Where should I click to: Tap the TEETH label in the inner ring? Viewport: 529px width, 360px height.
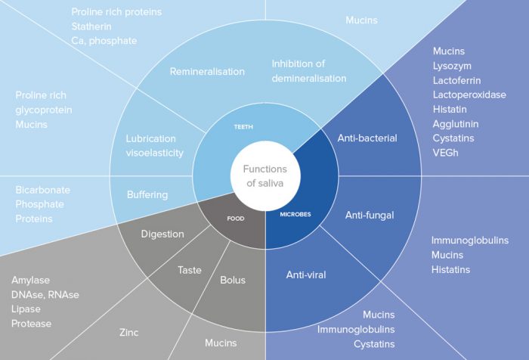243,127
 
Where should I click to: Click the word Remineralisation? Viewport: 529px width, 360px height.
207,72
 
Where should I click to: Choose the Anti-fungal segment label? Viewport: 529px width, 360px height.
370,216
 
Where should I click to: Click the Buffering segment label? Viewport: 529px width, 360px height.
147,194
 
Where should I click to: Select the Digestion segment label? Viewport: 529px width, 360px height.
162,234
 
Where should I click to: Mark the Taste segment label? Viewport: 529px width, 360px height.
189,269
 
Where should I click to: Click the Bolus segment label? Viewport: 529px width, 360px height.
232,280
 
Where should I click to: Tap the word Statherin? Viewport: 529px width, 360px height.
93,26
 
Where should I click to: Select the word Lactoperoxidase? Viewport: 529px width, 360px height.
469,95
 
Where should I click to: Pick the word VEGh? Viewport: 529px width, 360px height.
447,152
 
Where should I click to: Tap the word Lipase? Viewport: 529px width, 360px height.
27,309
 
